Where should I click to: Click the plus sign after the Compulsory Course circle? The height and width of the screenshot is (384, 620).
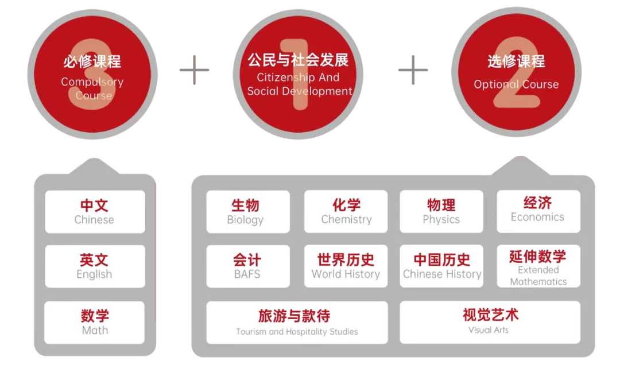(x=193, y=69)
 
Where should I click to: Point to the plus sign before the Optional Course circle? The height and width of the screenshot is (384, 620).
(x=413, y=69)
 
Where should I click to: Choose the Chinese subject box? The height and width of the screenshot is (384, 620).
(x=95, y=212)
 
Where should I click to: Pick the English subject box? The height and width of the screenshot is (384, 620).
(x=95, y=266)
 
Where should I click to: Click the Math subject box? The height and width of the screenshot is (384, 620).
(x=95, y=322)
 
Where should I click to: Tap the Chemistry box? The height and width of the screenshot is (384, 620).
(x=346, y=212)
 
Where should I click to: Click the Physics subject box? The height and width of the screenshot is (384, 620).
(x=441, y=212)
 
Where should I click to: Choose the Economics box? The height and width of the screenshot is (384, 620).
(x=538, y=211)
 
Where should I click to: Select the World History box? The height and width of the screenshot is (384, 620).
(x=346, y=266)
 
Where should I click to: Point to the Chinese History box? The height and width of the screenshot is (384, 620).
(x=441, y=266)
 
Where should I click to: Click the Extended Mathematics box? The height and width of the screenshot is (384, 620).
(x=538, y=266)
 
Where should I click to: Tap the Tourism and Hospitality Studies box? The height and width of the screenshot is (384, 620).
(x=297, y=322)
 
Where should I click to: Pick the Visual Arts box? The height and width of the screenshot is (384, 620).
(x=490, y=321)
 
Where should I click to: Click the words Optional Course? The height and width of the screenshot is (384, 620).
(x=516, y=84)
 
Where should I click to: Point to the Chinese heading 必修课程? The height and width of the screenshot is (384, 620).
(x=92, y=61)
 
